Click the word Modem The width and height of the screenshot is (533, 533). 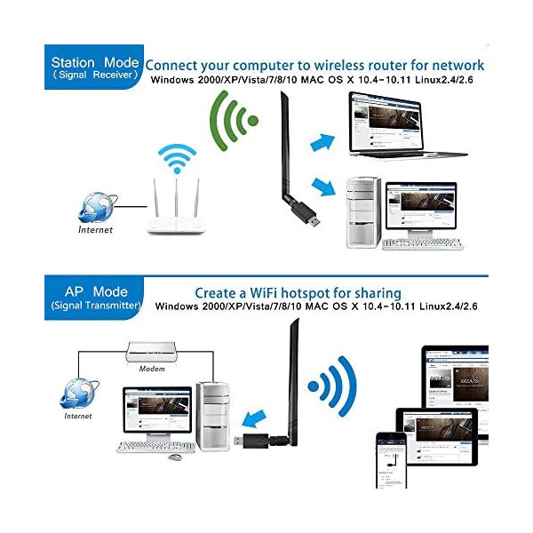click(x=152, y=369)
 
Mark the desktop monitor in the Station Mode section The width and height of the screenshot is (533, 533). click(x=420, y=210)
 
